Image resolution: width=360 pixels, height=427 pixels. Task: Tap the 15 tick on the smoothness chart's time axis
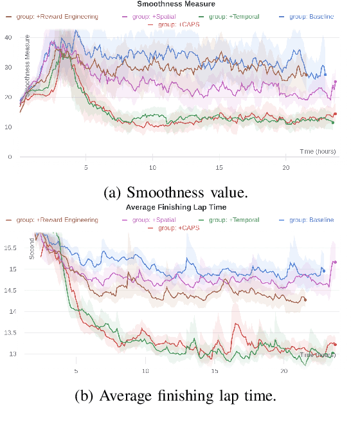pos(220,167)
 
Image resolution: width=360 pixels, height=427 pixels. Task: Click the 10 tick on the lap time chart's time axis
pos(145,371)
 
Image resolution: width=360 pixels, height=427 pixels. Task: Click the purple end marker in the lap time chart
pos(336,262)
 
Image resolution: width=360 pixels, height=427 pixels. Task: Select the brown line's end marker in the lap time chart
pos(305,300)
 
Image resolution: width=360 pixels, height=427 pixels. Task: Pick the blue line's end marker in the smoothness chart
pos(325,75)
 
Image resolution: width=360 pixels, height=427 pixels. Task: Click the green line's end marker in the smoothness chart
pos(332,122)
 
